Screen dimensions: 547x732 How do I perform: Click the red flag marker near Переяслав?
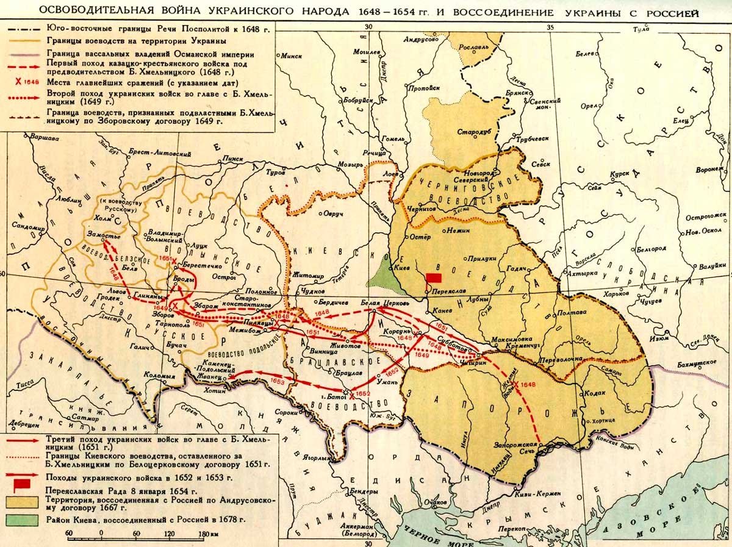coord(434,277)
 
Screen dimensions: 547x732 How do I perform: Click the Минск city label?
coord(292,56)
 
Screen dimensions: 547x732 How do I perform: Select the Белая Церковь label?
coord(384,302)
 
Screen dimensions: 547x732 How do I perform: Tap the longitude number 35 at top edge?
coord(550,27)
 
